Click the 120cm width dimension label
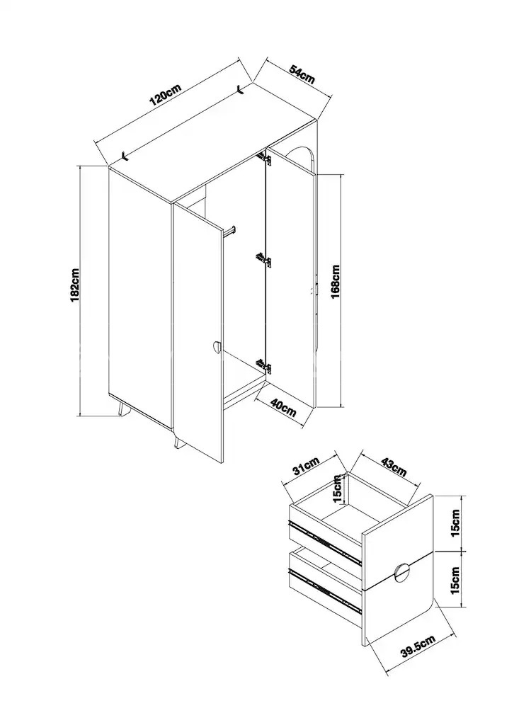[x=165, y=93]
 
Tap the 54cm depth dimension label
[x=302, y=74]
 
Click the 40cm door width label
[x=283, y=407]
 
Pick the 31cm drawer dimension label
[x=306, y=467]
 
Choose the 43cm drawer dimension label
[x=394, y=467]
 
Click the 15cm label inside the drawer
[x=336, y=489]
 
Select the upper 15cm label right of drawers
[x=455, y=523]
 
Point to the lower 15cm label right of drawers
[x=455, y=581]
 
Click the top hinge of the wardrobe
[x=264, y=158]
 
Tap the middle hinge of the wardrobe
[x=263, y=259]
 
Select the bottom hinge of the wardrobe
[x=263, y=366]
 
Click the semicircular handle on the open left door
[x=216, y=348]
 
